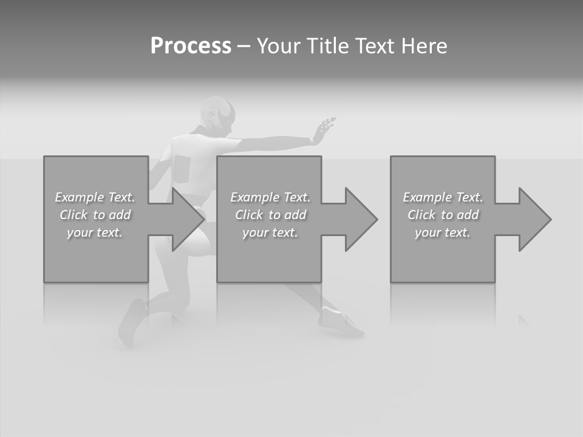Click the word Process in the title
(x=191, y=46)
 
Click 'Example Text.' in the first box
(x=95, y=197)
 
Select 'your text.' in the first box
(x=95, y=232)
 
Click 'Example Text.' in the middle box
(x=270, y=197)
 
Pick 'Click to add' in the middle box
(x=270, y=215)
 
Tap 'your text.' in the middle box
(x=270, y=232)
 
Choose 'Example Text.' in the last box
(x=443, y=197)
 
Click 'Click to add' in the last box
(x=443, y=215)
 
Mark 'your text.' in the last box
(x=443, y=232)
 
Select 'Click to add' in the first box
(x=95, y=215)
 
